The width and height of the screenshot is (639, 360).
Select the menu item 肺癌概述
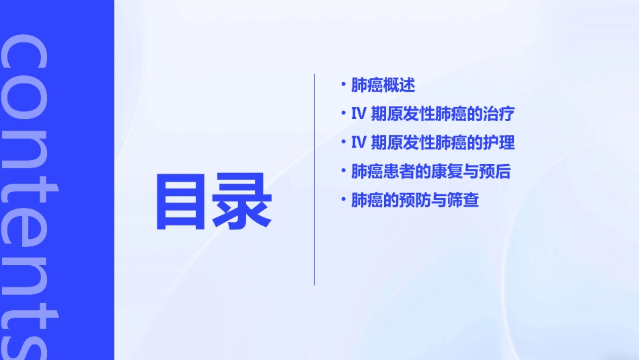(x=383, y=85)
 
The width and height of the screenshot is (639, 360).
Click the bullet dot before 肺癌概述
(x=344, y=85)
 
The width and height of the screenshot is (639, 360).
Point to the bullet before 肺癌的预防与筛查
(x=344, y=200)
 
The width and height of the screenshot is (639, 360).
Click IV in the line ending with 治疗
(x=358, y=114)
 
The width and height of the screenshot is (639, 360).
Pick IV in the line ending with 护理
(x=358, y=143)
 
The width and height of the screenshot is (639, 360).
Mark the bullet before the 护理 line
(x=344, y=142)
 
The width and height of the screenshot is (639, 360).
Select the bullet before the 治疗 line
(x=344, y=114)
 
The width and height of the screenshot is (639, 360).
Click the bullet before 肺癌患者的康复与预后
(x=344, y=171)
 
